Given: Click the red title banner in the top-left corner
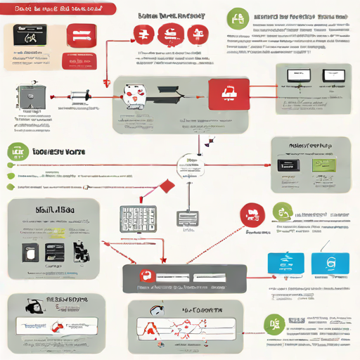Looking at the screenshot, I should tap(59, 8).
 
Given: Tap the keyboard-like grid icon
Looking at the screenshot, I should tap(136, 219).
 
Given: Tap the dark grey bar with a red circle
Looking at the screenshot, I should tap(184, 278).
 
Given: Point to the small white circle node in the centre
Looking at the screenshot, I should tap(190, 168).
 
